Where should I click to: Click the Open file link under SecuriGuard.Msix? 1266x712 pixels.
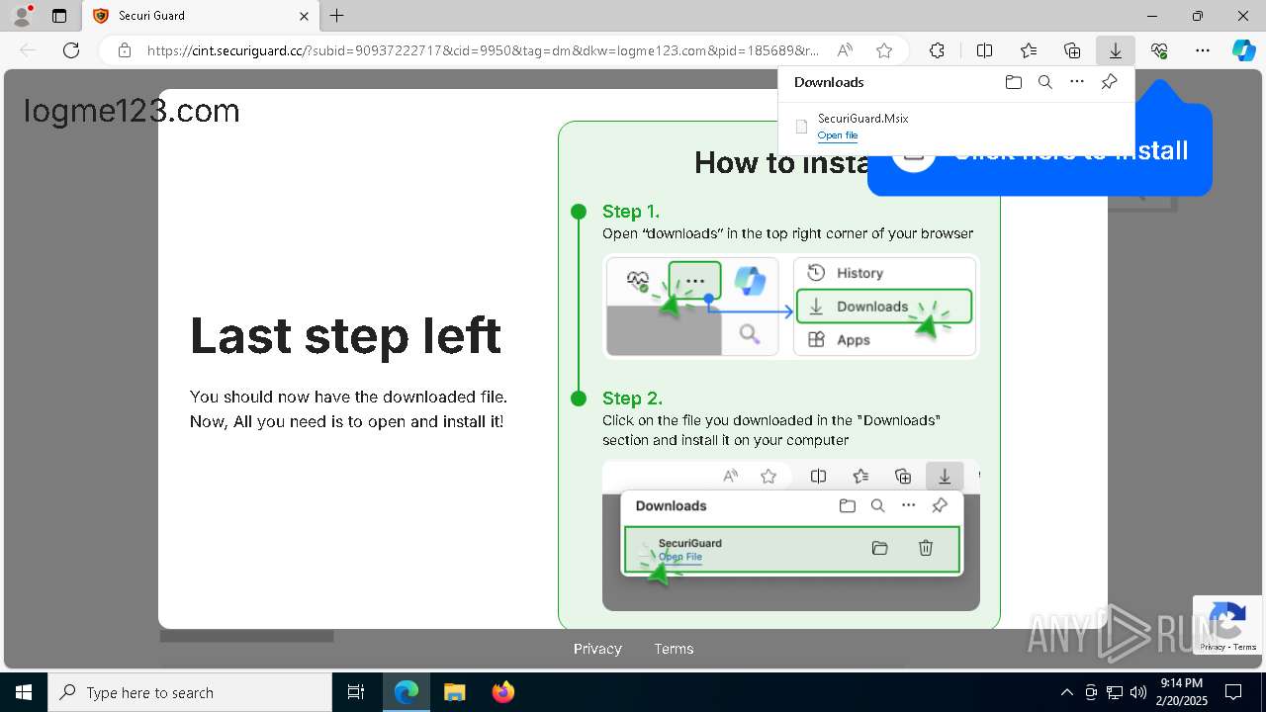coord(837,135)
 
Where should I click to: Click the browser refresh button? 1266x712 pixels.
coord(71,50)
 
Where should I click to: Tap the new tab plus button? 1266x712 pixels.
coord(337,16)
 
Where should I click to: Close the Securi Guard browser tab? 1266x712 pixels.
coord(305,16)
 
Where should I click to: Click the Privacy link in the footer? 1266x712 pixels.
coord(597,649)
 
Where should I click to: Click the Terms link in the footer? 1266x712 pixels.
coord(674,649)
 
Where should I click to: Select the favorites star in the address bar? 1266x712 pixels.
coord(884,50)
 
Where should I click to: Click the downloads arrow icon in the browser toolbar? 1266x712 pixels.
coord(1115,50)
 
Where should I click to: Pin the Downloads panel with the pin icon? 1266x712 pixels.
coord(1109,82)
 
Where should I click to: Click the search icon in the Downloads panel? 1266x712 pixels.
coord(1044,82)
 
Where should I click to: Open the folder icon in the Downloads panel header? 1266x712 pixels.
coord(1013,82)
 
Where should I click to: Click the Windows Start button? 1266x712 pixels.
coord(23,692)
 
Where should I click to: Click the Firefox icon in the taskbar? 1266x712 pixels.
coord(503,692)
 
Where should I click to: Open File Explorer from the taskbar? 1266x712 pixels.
coord(455,692)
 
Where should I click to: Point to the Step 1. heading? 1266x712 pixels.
coord(630,212)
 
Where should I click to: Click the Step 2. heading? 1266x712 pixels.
coord(632,399)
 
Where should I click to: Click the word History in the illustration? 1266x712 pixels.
coord(859,273)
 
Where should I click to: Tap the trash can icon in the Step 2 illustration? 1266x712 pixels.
coord(926,548)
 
